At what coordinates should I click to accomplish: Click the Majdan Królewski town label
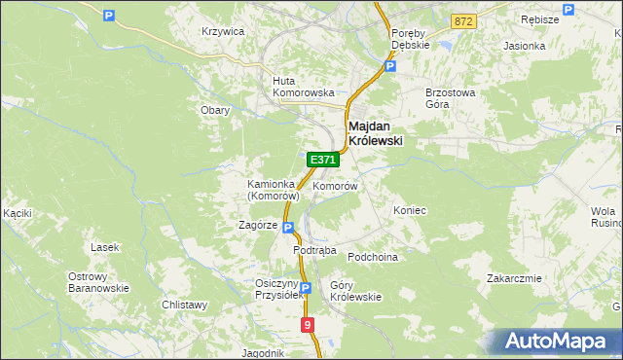tap(376, 133)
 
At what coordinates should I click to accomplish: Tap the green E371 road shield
tap(321, 159)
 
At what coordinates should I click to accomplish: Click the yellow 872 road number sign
tap(463, 20)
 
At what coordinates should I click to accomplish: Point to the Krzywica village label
tap(222, 31)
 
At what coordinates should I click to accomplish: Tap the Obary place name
tap(215, 110)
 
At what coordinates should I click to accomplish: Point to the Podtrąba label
tap(315, 250)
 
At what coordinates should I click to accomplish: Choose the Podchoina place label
tap(374, 257)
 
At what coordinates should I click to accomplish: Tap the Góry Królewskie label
tap(355, 291)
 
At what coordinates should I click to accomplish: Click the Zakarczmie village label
tap(514, 278)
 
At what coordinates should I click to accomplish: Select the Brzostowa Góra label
tap(450, 98)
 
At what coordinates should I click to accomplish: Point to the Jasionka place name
tap(524, 46)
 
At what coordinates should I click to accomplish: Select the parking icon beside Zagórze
tap(288, 227)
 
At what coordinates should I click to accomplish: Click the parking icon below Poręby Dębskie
tap(390, 67)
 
